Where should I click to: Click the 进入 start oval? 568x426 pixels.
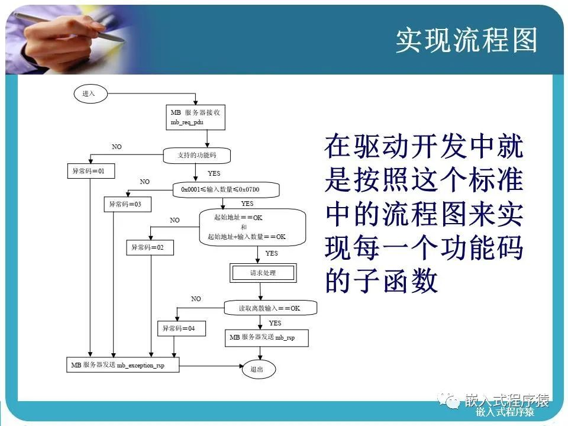pyautogui.click(x=89, y=93)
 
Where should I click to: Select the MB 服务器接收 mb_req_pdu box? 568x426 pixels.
pyautogui.click(x=195, y=117)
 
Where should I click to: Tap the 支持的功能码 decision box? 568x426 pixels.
pyautogui.click(x=196, y=156)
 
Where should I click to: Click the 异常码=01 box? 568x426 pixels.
pyautogui.click(x=89, y=171)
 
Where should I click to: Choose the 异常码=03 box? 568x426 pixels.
pyautogui.click(x=125, y=205)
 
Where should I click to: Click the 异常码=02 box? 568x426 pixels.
pyautogui.click(x=149, y=247)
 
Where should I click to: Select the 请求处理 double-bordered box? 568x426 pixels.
pyautogui.click(x=262, y=273)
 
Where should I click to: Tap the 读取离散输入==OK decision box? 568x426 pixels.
pyautogui.click(x=269, y=308)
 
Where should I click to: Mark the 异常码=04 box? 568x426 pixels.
pyautogui.click(x=180, y=328)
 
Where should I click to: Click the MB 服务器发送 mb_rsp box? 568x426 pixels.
pyautogui.click(x=267, y=338)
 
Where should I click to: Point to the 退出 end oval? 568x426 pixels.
pyautogui.click(x=258, y=369)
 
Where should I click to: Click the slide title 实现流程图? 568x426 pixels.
pyautogui.click(x=466, y=41)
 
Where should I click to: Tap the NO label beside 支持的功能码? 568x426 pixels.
pyautogui.click(x=117, y=146)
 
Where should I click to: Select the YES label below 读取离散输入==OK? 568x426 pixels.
pyautogui.click(x=275, y=323)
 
